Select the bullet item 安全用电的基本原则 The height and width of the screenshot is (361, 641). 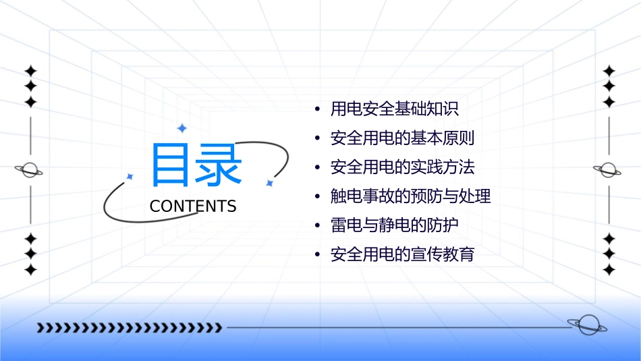tap(402, 138)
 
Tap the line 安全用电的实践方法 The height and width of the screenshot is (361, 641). tap(402, 167)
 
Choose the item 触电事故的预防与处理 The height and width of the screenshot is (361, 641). tap(410, 196)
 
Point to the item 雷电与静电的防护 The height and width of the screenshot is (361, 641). tap(394, 225)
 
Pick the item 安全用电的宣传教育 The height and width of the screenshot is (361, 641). tap(402, 254)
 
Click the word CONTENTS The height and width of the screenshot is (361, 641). tap(193, 206)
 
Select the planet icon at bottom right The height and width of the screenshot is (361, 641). tap(587, 325)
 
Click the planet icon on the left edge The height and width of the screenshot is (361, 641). tap(30, 170)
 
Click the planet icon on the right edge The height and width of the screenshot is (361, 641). tap(609, 170)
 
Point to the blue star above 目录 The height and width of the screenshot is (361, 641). tap(182, 128)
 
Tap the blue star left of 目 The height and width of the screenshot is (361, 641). tap(130, 176)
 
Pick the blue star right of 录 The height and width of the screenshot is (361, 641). tap(269, 183)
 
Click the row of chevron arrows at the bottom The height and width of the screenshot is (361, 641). tap(130, 328)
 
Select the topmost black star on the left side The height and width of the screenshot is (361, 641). tap(30, 71)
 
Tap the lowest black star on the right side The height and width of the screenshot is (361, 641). tap(609, 269)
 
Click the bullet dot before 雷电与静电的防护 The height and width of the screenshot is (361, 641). tap(317, 226)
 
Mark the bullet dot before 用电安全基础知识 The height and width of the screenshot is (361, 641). tap(317, 109)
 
